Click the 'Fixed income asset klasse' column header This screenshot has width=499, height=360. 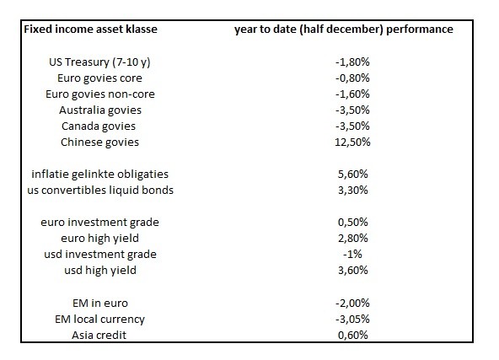pyautogui.click(x=91, y=30)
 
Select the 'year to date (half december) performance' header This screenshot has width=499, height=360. pyautogui.click(x=344, y=30)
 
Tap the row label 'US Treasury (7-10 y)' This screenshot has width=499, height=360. pyautogui.click(x=99, y=62)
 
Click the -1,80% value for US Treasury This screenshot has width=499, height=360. pyautogui.click(x=352, y=62)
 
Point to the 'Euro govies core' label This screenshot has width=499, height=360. pyautogui.click(x=99, y=78)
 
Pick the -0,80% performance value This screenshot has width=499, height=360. pyautogui.click(x=352, y=78)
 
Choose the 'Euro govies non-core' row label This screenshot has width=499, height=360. pyautogui.click(x=100, y=94)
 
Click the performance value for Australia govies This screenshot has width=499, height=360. pyautogui.click(x=352, y=110)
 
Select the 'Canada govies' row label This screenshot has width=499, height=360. pyautogui.click(x=99, y=126)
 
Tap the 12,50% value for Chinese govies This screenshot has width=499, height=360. pyautogui.click(x=352, y=142)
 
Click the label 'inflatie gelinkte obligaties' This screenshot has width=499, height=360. pyautogui.click(x=100, y=175)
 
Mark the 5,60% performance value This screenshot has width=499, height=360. pyautogui.click(x=353, y=175)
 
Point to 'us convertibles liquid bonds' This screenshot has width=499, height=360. pyautogui.click(x=100, y=191)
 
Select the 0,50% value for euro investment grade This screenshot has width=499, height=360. pyautogui.click(x=353, y=223)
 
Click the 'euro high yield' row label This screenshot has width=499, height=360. pyautogui.click(x=100, y=239)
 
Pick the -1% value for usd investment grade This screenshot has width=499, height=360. pyautogui.click(x=352, y=255)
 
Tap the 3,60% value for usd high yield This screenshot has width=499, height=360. pyautogui.click(x=353, y=271)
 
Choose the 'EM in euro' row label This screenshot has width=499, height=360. pyautogui.click(x=100, y=303)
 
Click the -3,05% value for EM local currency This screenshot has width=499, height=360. pyautogui.click(x=352, y=319)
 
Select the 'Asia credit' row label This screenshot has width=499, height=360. pyautogui.click(x=99, y=336)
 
